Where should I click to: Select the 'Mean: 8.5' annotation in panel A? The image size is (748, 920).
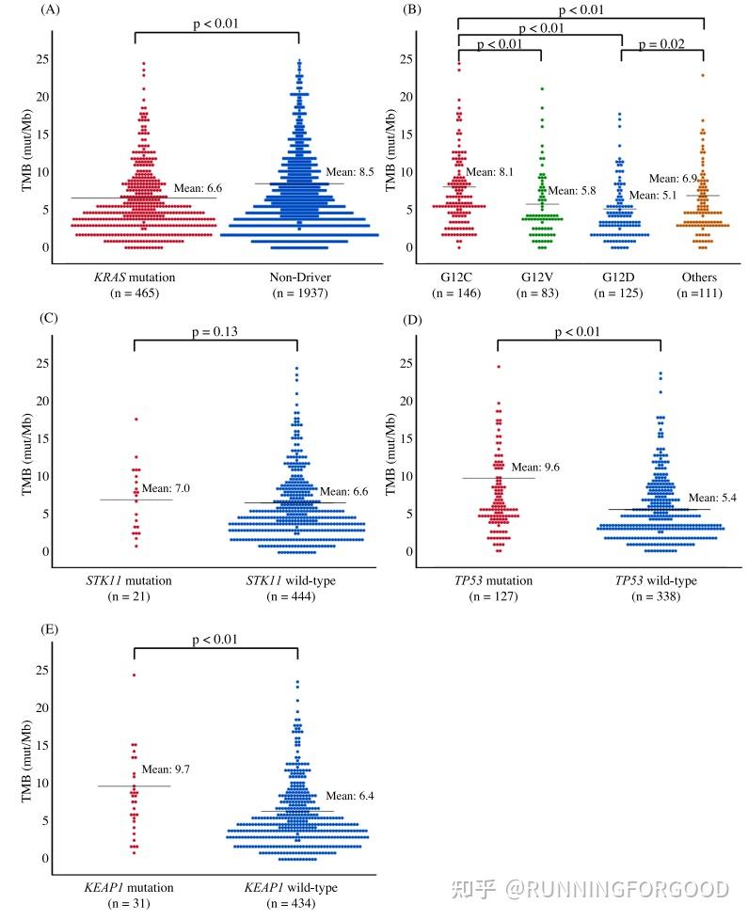click(x=351, y=172)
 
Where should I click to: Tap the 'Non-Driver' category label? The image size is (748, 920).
click(x=298, y=277)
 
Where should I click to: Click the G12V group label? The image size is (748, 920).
click(x=540, y=277)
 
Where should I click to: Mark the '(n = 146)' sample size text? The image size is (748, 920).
click(x=458, y=293)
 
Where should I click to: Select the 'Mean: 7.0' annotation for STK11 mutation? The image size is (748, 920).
click(x=171, y=488)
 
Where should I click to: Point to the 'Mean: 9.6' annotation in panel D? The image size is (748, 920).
click(x=535, y=468)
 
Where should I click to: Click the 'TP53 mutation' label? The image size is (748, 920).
click(x=495, y=580)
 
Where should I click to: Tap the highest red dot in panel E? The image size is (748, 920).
click(x=134, y=674)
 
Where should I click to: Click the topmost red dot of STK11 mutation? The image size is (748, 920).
click(x=135, y=419)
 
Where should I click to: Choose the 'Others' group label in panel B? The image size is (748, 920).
click(x=700, y=277)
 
